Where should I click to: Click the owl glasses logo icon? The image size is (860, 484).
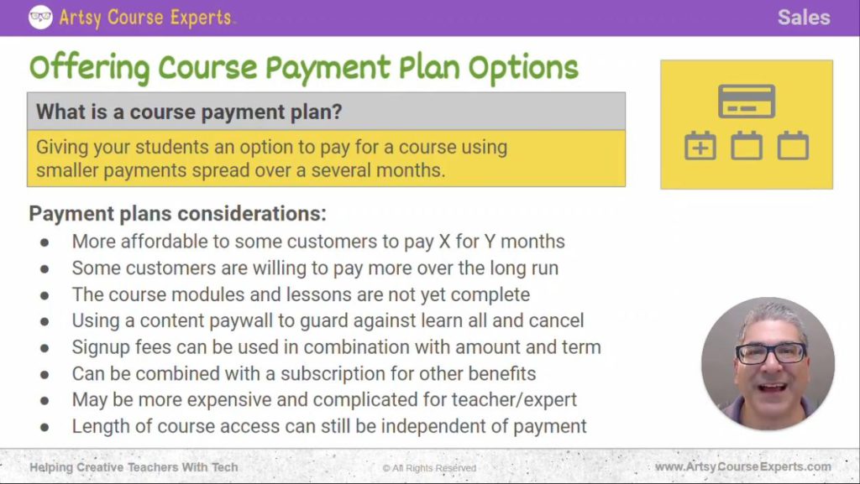click(x=40, y=17)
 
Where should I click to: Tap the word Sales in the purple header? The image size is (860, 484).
click(x=803, y=18)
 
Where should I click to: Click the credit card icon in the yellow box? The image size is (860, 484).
click(x=747, y=101)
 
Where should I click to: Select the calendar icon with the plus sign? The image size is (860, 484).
click(x=700, y=146)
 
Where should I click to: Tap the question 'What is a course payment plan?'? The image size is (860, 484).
click(x=190, y=112)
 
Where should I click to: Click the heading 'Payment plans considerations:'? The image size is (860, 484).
click(x=177, y=213)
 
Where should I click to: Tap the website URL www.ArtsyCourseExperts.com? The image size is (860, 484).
click(x=742, y=466)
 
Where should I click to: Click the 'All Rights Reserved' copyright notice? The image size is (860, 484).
click(x=429, y=467)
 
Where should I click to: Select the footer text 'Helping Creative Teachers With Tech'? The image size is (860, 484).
click(x=134, y=466)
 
